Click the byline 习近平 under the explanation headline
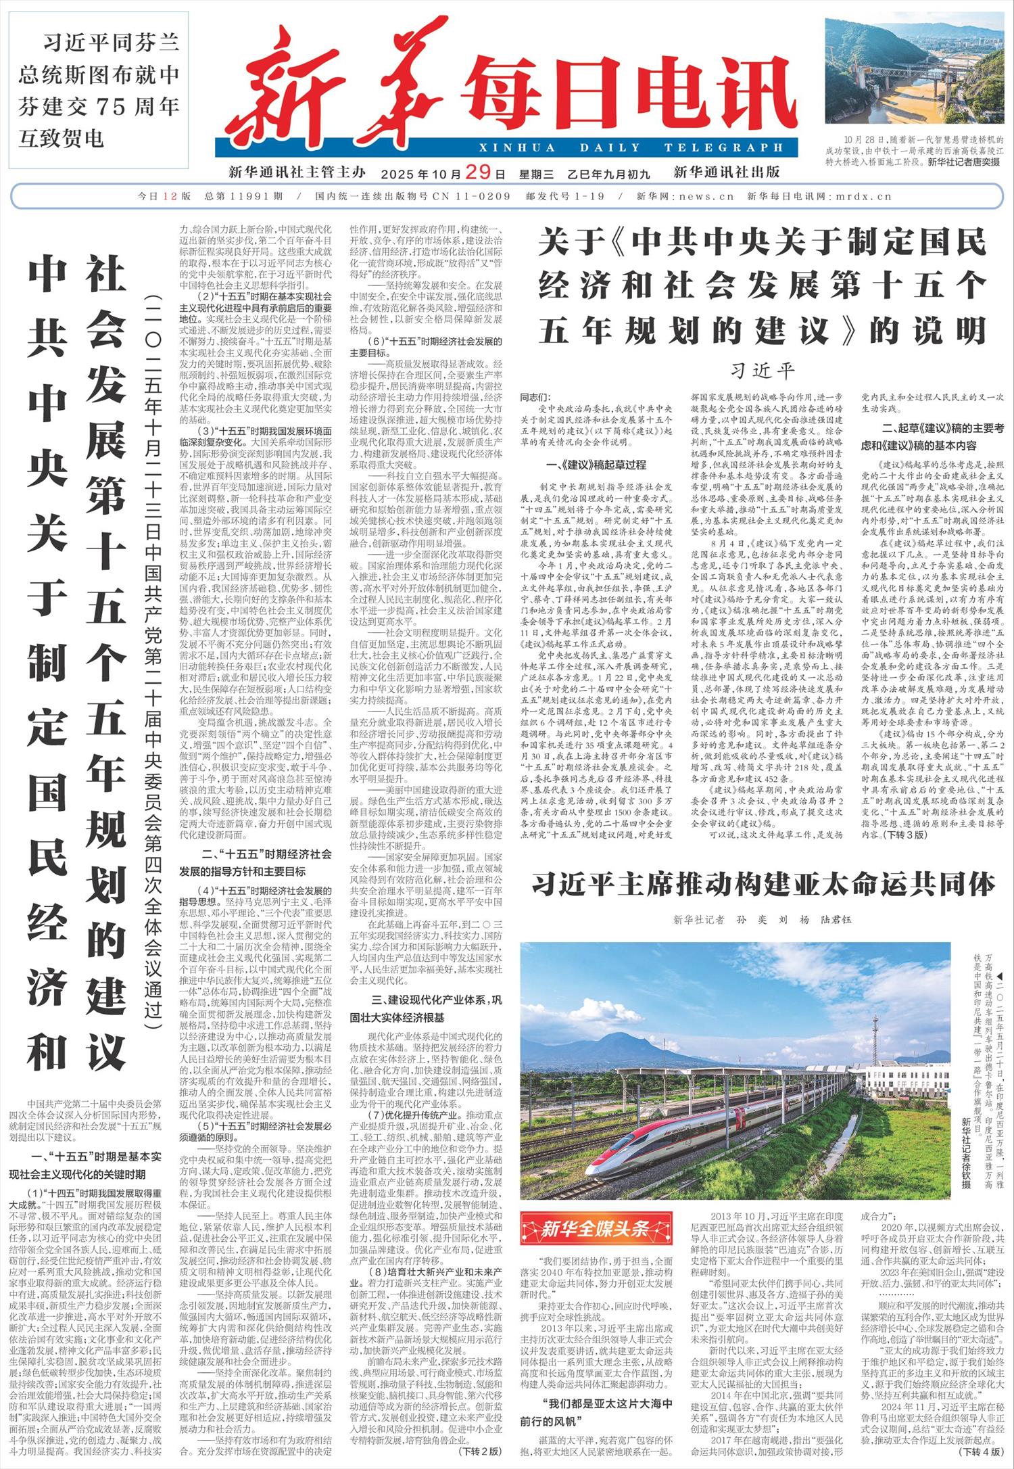(x=762, y=371)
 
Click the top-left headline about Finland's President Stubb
(x=99, y=91)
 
